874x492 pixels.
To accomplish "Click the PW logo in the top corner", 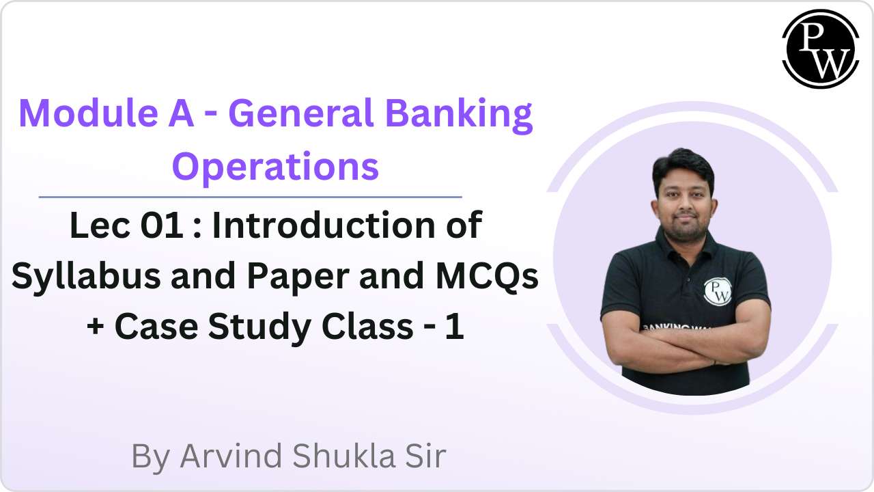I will pos(819,49).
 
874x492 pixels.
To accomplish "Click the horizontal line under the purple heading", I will pos(250,197).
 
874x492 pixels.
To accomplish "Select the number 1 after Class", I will pos(454,327).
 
